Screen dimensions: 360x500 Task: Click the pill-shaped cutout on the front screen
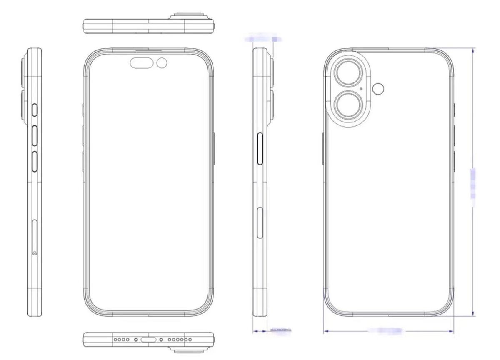(142, 63)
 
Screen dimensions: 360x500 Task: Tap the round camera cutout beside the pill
(162, 63)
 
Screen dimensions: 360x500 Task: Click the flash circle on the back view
(378, 89)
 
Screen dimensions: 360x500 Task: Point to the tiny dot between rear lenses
(360, 89)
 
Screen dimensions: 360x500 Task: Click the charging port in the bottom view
(149, 340)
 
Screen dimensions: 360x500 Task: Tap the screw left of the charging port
(136, 340)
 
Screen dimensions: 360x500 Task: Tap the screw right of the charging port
(161, 340)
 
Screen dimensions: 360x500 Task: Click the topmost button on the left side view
(35, 110)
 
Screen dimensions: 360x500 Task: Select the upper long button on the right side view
(261, 149)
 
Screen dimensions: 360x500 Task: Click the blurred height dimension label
(473, 183)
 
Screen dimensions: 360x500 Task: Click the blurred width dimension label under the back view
(385, 331)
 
